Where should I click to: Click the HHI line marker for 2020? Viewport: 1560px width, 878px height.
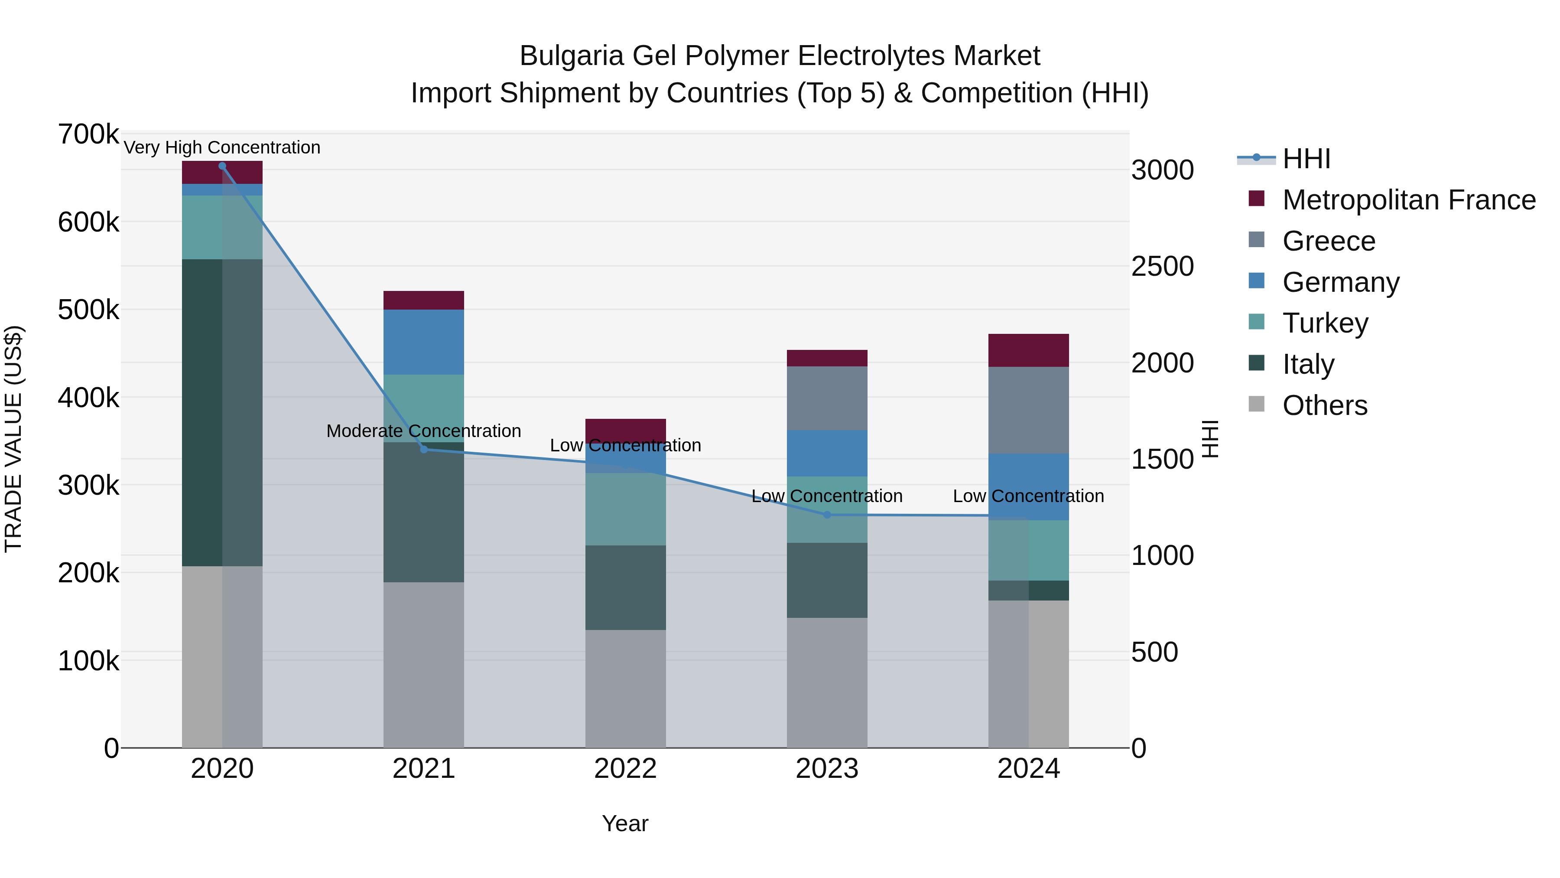pyautogui.click(x=222, y=166)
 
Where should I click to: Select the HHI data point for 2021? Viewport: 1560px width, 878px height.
pyautogui.click(x=424, y=449)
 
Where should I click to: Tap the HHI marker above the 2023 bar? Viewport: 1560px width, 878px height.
pyautogui.click(x=827, y=514)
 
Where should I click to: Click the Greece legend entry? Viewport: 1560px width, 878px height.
pyautogui.click(x=1329, y=241)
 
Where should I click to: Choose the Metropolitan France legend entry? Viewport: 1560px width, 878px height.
pyautogui.click(x=1409, y=200)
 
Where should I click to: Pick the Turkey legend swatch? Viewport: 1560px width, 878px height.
pyautogui.click(x=1257, y=322)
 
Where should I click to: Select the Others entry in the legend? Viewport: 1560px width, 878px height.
pyautogui.click(x=1324, y=405)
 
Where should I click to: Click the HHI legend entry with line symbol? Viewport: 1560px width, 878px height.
pyautogui.click(x=1306, y=159)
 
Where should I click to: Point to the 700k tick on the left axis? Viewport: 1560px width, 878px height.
pyautogui.click(x=88, y=134)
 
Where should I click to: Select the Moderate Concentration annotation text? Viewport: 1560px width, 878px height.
pyautogui.click(x=423, y=431)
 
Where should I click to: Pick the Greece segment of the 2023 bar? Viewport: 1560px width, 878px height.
pyautogui.click(x=827, y=398)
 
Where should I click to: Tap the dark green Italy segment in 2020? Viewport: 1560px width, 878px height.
pyautogui.click(x=202, y=412)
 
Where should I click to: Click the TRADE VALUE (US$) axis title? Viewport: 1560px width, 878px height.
pyautogui.click(x=13, y=439)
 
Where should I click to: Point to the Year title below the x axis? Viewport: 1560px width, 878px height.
pyautogui.click(x=625, y=823)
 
